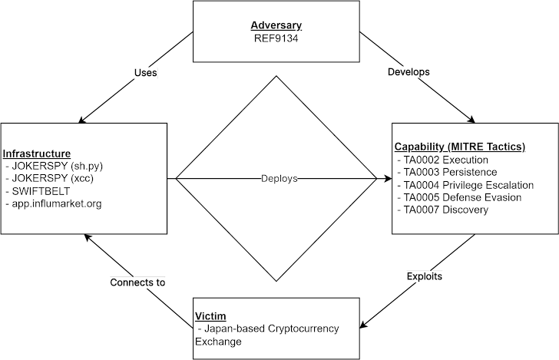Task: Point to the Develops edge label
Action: click(408, 71)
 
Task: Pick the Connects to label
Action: click(137, 282)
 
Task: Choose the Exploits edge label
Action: click(424, 276)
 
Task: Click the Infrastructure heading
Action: click(37, 154)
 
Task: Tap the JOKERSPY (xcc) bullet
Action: click(50, 179)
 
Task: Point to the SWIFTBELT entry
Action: click(40, 191)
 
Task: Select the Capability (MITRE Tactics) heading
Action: click(459, 147)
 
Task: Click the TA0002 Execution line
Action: click(446, 160)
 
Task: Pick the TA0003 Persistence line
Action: click(450, 172)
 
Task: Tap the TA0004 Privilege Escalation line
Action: click(468, 185)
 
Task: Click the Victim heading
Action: click(210, 315)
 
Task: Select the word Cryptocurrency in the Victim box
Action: click(303, 329)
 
